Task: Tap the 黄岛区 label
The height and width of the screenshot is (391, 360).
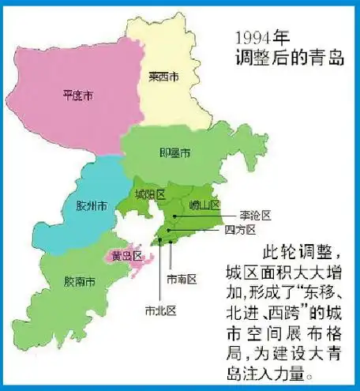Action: pos(126,255)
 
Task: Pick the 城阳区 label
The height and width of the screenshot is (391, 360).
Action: pos(148,194)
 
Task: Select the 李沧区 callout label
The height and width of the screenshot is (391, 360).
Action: pos(256,215)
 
